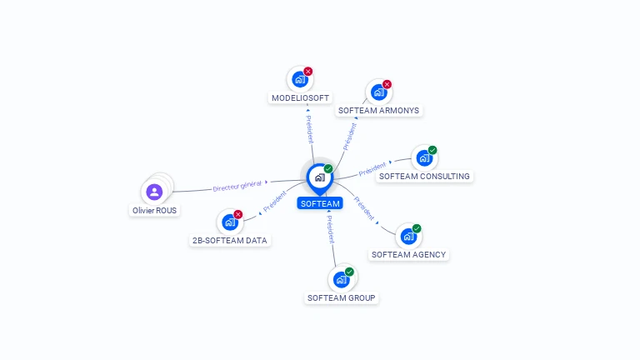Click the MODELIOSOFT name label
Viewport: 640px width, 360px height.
point(300,97)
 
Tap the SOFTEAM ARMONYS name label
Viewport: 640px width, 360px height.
point(379,110)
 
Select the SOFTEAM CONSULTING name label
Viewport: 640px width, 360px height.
point(424,177)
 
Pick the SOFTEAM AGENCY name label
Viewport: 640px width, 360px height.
point(408,254)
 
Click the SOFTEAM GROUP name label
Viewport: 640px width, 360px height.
point(342,297)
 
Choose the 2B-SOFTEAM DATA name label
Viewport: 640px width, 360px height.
point(231,240)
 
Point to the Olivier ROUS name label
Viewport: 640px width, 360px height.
point(155,211)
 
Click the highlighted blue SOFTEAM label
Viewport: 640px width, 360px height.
point(320,203)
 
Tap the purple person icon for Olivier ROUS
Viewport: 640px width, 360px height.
point(154,192)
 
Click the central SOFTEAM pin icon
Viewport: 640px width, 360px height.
point(319,177)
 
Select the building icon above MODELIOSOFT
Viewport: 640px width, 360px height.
point(299,79)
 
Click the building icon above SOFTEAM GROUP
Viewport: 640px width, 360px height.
point(341,279)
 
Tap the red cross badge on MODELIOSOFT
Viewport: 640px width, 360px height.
point(308,72)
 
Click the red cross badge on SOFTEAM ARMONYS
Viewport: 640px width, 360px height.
point(387,84)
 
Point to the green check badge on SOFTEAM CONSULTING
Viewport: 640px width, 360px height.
point(432,150)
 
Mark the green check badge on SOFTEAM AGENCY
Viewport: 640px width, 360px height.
point(417,228)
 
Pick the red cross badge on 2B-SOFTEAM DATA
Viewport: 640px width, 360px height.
point(238,214)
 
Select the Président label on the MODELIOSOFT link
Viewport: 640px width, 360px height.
point(309,128)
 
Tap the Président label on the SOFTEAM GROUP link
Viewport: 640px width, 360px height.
point(331,232)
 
